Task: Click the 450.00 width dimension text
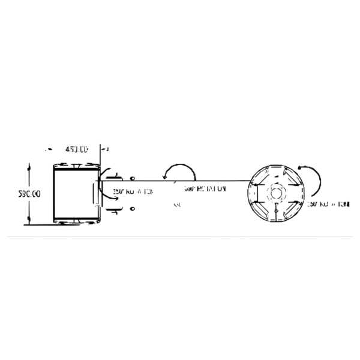[x=76, y=149]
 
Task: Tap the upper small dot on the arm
[x=132, y=179]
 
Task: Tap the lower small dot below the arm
[x=132, y=209]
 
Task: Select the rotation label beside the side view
[x=133, y=193]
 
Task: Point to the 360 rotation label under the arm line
[x=205, y=188]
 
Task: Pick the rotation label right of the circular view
[x=328, y=205]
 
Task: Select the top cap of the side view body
[x=76, y=166]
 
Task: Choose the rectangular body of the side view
[x=76, y=193]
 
